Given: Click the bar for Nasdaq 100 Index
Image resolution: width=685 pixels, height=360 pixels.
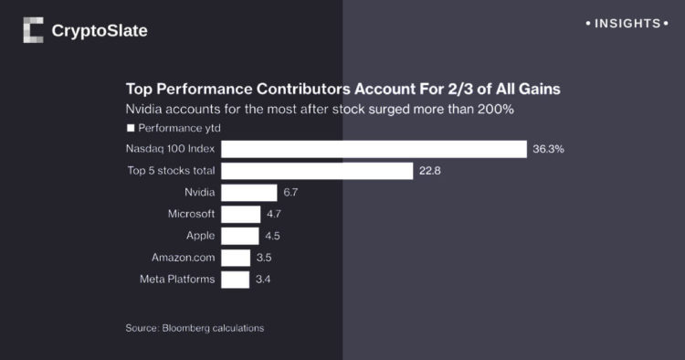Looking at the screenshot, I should pos(374,149).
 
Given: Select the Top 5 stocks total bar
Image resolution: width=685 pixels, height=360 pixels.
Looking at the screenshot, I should pos(317,171).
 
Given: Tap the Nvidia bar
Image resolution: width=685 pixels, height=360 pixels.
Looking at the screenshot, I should pos(248,193).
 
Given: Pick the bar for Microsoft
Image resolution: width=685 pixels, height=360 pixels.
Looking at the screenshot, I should pos(240,214).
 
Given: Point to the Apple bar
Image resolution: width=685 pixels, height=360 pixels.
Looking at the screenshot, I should pos(239,236).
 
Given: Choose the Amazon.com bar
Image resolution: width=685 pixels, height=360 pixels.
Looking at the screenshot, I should pos(236,258).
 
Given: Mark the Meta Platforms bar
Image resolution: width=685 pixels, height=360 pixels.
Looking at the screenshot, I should pos(235,279).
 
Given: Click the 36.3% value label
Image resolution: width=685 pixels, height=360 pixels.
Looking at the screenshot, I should pos(548,149).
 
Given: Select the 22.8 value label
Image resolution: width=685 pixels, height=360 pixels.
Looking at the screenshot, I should pos(430,171).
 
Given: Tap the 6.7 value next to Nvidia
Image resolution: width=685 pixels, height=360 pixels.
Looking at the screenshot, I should pos(291,193).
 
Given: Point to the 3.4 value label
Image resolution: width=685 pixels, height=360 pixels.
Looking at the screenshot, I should pos(264,279).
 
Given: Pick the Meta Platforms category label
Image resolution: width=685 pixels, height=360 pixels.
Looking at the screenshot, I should pos(177,279).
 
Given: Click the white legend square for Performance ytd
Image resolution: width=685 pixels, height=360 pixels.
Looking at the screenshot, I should pos(130,128).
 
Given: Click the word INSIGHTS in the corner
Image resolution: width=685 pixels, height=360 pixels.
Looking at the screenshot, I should pos(627,23).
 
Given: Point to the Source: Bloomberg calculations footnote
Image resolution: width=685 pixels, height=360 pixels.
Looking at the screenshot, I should pos(195,327).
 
